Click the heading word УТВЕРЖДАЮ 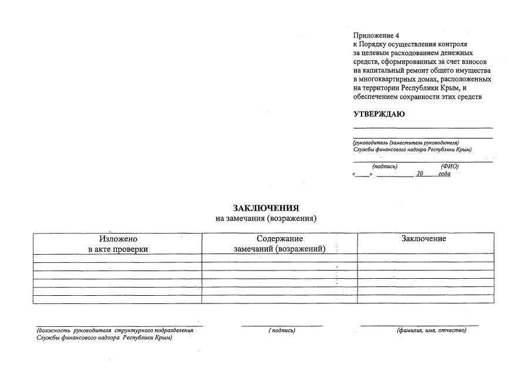(378, 114)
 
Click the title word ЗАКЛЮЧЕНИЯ (266, 208)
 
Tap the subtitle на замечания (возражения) (266, 219)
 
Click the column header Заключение (424, 238)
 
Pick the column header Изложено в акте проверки (117, 244)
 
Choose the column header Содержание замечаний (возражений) (279, 244)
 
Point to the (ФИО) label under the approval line (449, 167)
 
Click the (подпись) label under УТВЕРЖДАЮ (384, 167)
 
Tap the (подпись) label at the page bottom (282, 330)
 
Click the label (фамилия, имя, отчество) (431, 330)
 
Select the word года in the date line (444, 174)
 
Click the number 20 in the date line (419, 174)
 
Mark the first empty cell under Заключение (425, 258)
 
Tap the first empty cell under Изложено (117, 258)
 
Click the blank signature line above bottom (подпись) (282, 325)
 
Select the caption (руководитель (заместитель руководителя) (406, 143)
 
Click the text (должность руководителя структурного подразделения (114, 330)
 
